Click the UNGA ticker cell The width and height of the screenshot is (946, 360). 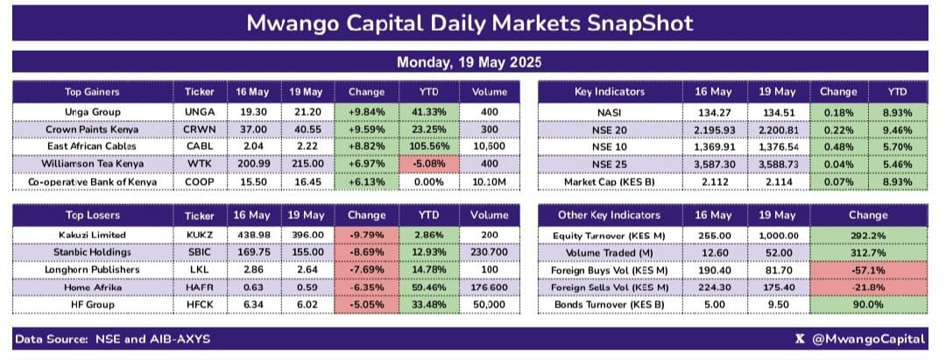point(200,111)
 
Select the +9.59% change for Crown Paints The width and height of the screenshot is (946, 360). point(366,129)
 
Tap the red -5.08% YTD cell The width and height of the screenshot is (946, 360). point(429,164)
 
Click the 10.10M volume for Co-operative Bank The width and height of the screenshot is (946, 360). point(490,182)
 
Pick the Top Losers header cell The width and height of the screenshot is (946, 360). point(92,215)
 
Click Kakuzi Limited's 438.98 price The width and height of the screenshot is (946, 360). point(254,235)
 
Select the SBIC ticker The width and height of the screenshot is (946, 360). point(200,252)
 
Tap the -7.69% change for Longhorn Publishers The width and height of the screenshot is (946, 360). point(366,270)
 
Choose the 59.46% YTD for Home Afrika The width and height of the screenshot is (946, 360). point(429,287)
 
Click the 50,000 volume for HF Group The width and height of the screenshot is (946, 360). point(490,305)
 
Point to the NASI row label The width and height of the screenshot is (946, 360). point(610,111)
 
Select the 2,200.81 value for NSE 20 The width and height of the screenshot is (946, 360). point(776,129)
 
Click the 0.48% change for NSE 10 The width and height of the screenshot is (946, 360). point(838,146)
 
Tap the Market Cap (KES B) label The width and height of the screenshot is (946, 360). point(610,182)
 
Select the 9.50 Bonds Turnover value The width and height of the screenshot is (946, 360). point(776,305)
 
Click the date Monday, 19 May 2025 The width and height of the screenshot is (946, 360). point(469,62)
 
